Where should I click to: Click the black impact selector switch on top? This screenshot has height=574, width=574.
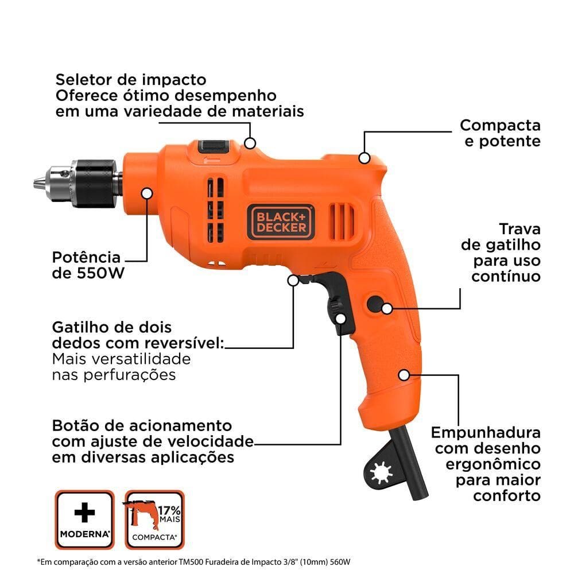[214, 146]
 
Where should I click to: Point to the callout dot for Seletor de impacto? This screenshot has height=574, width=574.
[250, 143]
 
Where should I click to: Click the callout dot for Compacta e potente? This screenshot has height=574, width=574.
[364, 157]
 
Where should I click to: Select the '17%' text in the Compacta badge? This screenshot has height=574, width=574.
[170, 509]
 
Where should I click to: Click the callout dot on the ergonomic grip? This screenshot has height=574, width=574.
[404, 375]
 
